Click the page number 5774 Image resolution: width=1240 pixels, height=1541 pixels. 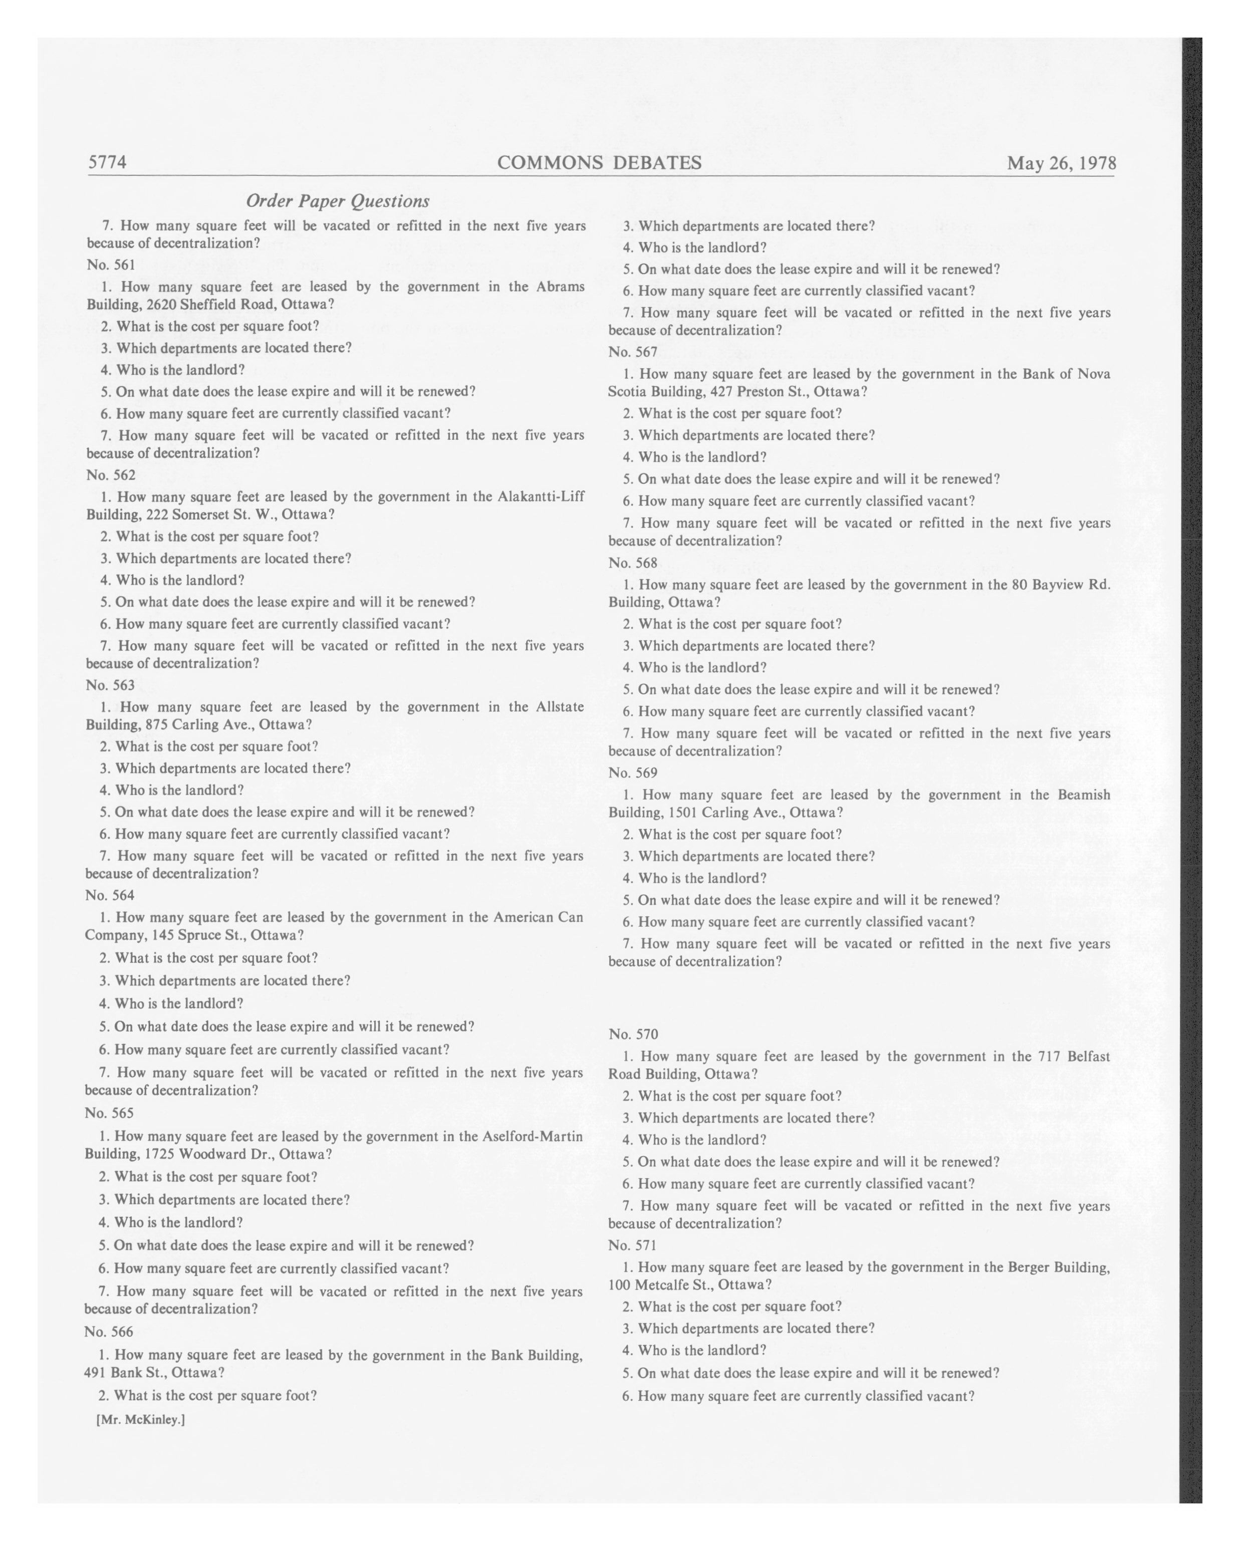pyautogui.click(x=107, y=162)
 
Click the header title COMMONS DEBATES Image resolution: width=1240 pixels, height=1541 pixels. pyautogui.click(x=599, y=163)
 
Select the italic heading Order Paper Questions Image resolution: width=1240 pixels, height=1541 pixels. pyautogui.click(x=337, y=201)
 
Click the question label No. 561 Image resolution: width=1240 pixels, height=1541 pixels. pyautogui.click(x=111, y=265)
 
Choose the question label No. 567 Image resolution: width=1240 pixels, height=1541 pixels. pyautogui.click(x=632, y=352)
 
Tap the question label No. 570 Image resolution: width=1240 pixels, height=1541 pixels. pyautogui.click(x=633, y=1034)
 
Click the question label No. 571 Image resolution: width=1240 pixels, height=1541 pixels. pyautogui.click(x=632, y=1244)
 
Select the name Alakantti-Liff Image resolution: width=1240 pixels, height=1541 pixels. pyautogui.click(x=540, y=497)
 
